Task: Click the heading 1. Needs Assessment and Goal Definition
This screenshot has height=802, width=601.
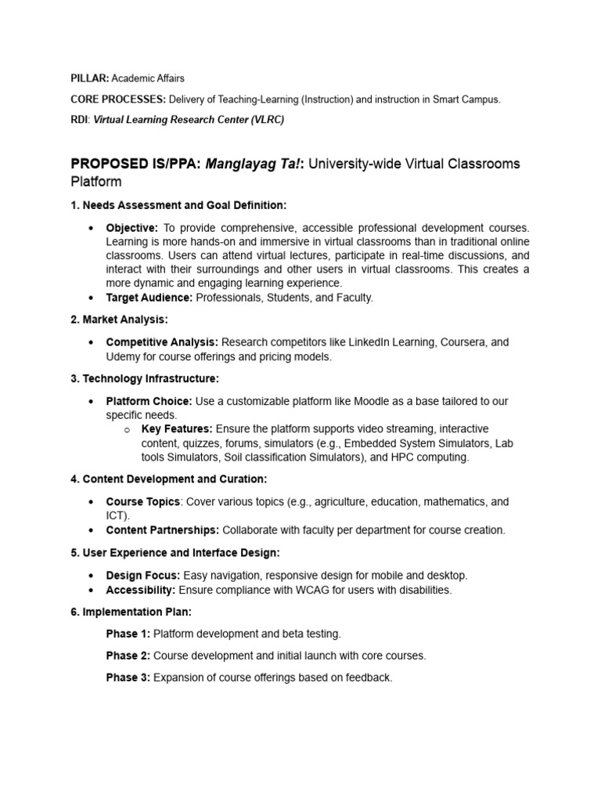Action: tap(178, 205)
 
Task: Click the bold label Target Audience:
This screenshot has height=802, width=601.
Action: tap(149, 298)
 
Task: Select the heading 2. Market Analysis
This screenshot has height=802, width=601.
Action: tap(119, 320)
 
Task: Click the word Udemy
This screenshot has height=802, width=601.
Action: tap(123, 356)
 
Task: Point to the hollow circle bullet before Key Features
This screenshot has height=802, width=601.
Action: tap(127, 430)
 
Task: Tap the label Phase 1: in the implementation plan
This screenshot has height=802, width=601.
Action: tap(128, 634)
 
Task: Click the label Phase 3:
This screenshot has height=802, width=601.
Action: tap(128, 677)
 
